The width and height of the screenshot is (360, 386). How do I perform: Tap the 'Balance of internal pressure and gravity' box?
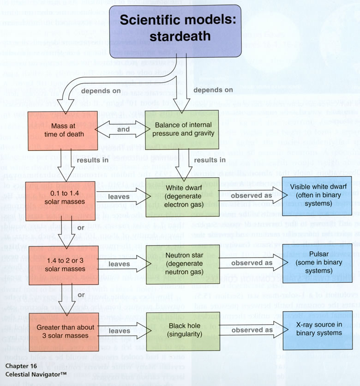tap(181, 130)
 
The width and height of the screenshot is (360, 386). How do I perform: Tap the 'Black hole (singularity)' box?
tap(181, 331)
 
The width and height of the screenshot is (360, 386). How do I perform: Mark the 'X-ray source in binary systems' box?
tap(313, 331)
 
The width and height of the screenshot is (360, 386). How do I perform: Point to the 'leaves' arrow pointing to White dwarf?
tap(119, 197)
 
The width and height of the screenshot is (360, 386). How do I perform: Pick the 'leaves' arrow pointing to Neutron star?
tap(119, 264)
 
